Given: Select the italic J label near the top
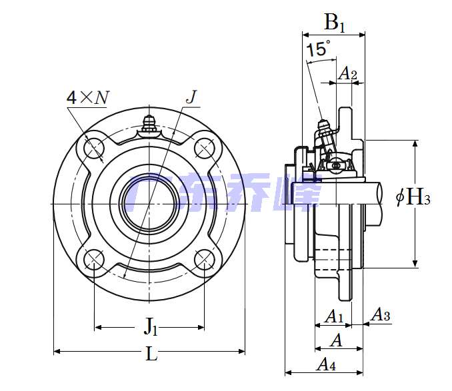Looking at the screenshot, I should tap(191, 97).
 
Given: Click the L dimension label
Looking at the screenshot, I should tap(151, 354).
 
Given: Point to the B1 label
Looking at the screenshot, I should tap(335, 23).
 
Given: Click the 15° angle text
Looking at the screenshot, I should tap(318, 49).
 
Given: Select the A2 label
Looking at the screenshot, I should tap(348, 74).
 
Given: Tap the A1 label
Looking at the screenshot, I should tap(333, 316).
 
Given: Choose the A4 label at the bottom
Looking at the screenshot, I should tap(325, 364).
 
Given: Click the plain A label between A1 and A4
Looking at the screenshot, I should tap(337, 341).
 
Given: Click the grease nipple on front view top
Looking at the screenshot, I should tap(149, 123).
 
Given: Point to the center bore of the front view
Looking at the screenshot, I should tap(149, 202).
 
